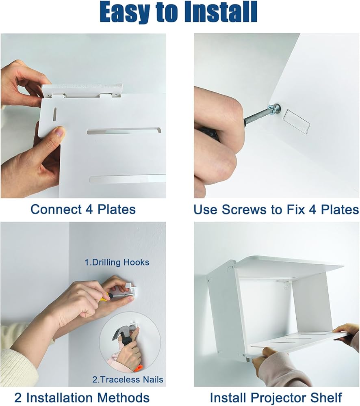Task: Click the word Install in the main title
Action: [221, 12]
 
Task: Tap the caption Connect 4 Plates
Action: [83, 209]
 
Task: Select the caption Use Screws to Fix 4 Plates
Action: [276, 209]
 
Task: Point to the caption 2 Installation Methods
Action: [82, 397]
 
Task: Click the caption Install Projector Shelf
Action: [276, 397]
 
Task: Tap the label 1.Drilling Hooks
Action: [117, 262]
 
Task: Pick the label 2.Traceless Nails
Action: [128, 380]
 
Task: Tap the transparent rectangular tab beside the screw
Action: [297, 121]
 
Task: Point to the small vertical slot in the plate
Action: [55, 115]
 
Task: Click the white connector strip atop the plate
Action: [82, 91]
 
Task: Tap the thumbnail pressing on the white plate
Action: [60, 133]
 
